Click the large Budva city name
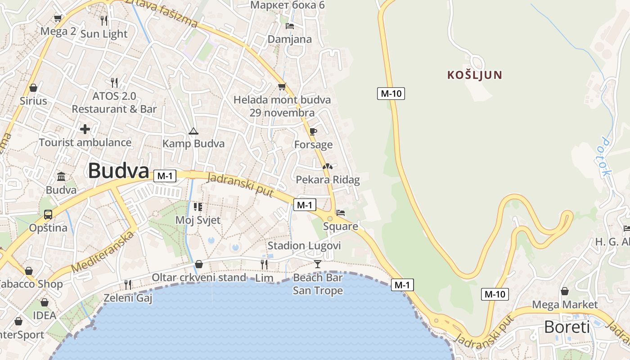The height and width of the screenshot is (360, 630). (118, 171)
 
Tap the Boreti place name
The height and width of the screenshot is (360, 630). (567, 327)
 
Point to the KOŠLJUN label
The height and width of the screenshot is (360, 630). (474, 75)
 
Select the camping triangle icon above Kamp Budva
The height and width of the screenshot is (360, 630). (193, 131)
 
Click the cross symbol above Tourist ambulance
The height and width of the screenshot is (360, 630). (85, 130)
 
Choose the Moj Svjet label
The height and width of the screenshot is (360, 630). (198, 220)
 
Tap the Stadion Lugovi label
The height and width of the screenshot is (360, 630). (304, 246)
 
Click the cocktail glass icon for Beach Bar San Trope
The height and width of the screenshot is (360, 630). (318, 264)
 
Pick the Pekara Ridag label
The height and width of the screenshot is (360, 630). (328, 180)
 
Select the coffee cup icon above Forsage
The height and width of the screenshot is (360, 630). (313, 131)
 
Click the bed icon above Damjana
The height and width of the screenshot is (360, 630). (290, 26)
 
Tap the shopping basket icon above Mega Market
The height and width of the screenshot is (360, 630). (564, 291)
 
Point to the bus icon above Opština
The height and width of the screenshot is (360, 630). (48, 215)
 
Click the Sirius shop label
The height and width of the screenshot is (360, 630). (33, 100)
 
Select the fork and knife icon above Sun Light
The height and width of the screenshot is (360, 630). (104, 20)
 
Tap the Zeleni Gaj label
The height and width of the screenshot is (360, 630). (128, 298)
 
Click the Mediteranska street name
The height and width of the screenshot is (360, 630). (103, 253)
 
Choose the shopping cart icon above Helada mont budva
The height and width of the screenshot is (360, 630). (282, 86)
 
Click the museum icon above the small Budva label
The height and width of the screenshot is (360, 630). (61, 176)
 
